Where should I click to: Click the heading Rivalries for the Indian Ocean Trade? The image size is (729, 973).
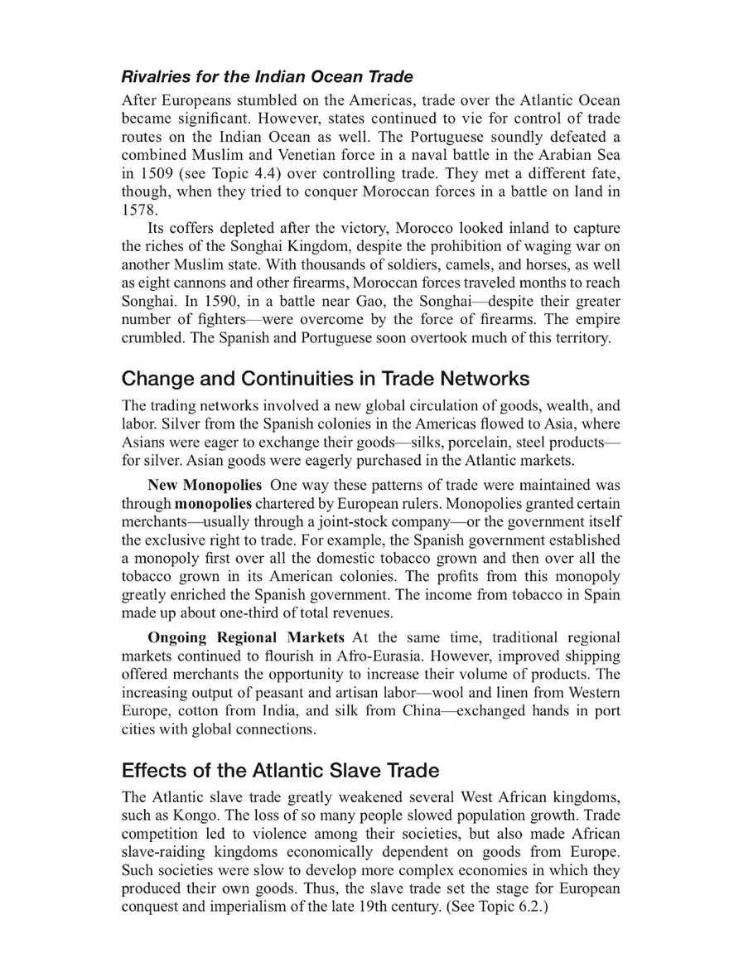tap(267, 77)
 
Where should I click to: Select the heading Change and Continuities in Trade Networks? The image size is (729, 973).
tap(325, 379)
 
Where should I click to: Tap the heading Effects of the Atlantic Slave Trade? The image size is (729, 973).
tap(280, 770)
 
